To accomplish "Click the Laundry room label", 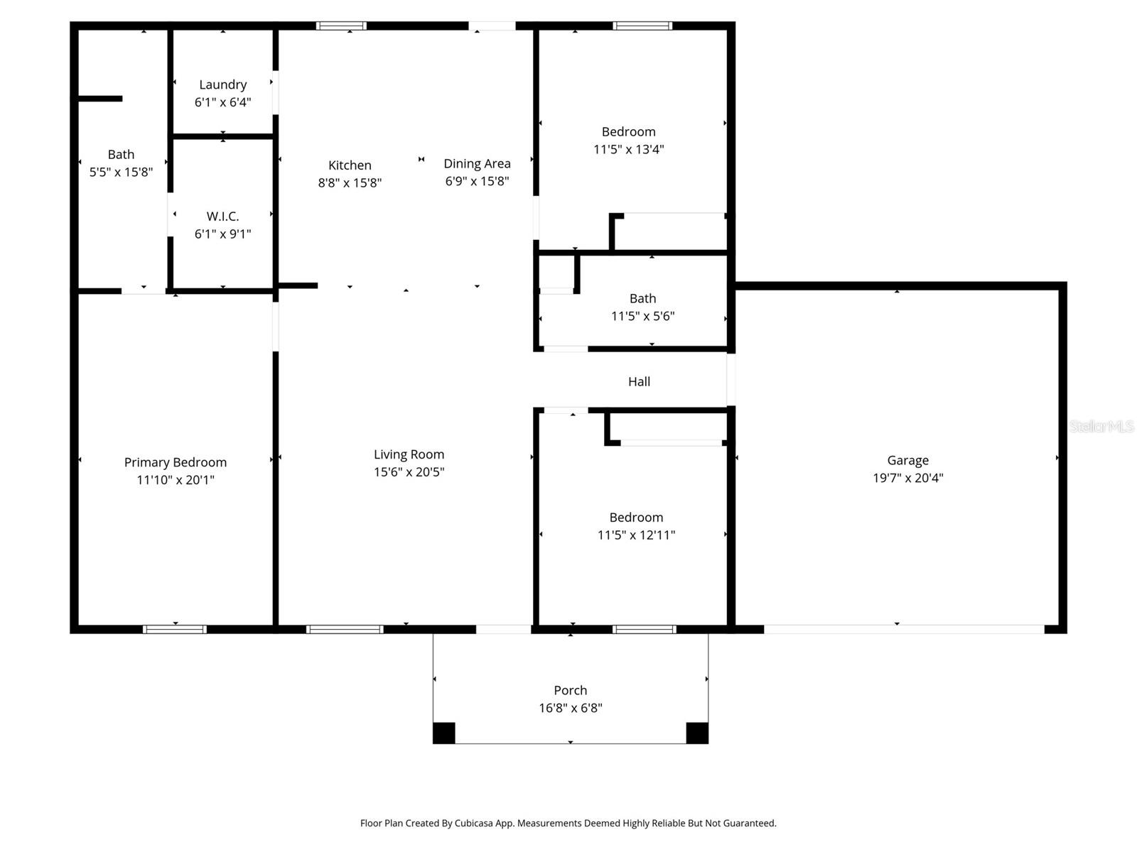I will [222, 84].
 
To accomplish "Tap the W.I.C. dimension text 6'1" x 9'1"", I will [222, 234].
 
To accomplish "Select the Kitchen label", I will [350, 165].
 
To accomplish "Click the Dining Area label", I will [477, 163].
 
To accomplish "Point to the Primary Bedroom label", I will [176, 462].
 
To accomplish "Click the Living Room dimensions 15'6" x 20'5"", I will [409, 471].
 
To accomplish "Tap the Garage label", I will [907, 460].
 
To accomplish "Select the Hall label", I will [639, 381].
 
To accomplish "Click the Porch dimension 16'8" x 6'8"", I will [570, 707].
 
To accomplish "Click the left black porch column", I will [444, 733].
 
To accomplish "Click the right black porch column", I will [696, 733].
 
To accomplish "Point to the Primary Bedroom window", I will [175, 629].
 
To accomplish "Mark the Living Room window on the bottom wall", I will [345, 629].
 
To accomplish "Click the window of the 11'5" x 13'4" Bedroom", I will [642, 26].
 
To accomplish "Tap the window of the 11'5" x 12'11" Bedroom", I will [644, 629].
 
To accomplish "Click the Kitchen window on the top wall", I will [341, 26].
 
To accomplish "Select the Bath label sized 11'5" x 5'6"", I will [642, 298].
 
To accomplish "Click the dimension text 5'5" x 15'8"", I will [121, 172].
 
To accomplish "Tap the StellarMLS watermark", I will [1101, 426].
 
